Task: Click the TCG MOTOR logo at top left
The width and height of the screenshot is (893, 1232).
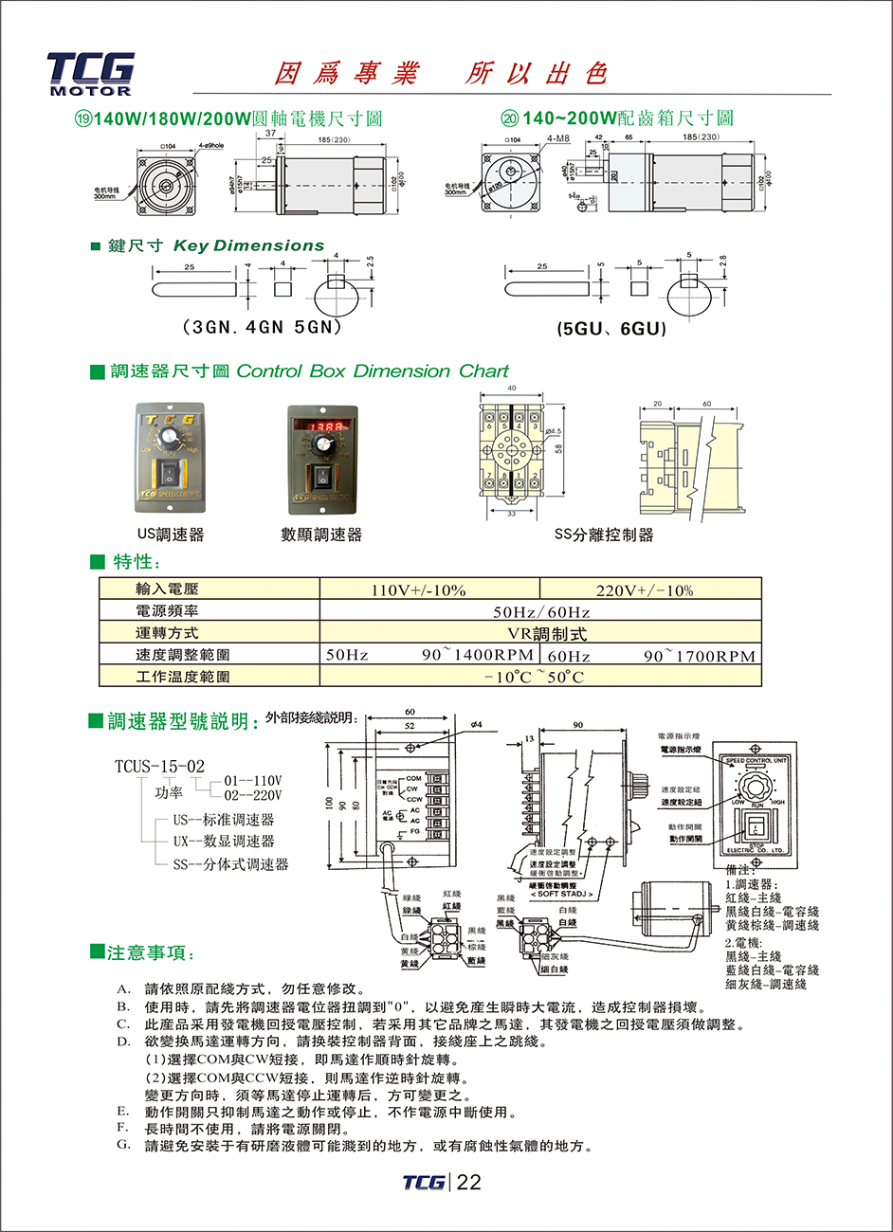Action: coord(90,74)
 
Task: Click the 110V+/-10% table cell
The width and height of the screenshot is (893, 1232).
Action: coord(418,590)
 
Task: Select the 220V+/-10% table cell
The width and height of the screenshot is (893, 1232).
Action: coord(645,590)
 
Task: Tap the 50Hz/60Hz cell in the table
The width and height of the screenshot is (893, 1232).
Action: coord(541,612)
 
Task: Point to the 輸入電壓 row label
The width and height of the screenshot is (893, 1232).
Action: coord(167,589)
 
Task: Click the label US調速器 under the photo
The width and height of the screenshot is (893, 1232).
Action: coord(171,534)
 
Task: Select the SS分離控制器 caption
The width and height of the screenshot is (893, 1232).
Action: coord(604,534)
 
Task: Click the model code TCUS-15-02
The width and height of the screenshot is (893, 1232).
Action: coord(159,766)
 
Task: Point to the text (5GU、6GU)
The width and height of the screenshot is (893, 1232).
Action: coord(611,329)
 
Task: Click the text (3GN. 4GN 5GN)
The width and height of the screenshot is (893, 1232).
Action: coord(261,327)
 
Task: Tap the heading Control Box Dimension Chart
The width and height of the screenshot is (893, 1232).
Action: coord(373,371)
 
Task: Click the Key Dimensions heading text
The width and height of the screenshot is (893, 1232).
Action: coord(248,245)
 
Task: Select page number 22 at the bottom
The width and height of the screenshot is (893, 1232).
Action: coord(469,1182)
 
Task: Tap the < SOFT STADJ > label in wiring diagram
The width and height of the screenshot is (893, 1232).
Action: coord(561,894)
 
